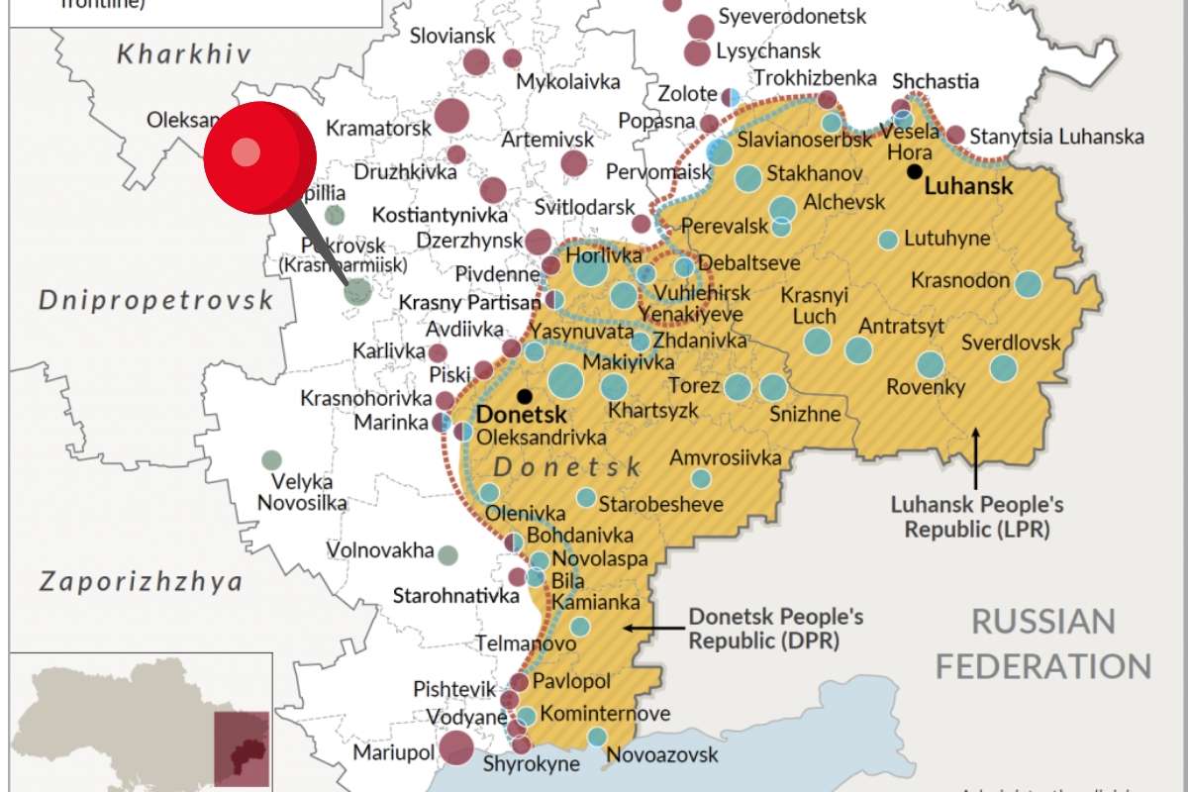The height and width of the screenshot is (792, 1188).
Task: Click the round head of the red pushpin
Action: (x=259, y=157)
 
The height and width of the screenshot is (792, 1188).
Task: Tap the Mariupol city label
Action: (x=393, y=752)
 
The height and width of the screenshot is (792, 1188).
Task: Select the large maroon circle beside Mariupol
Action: (x=456, y=748)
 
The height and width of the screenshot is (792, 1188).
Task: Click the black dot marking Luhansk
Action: (x=913, y=171)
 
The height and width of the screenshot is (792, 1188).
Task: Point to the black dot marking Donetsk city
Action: (x=524, y=395)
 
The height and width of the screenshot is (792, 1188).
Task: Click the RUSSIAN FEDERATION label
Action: (x=1042, y=643)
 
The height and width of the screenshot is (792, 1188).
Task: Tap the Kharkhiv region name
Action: (x=184, y=53)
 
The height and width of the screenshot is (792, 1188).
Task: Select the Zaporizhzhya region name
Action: (x=141, y=581)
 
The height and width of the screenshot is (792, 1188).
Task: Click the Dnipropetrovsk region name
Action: (x=155, y=300)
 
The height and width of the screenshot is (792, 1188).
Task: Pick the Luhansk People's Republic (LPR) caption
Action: (x=976, y=517)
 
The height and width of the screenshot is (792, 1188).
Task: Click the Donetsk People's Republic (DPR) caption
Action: (x=775, y=629)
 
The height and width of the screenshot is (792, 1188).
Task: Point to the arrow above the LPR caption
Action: (x=976, y=457)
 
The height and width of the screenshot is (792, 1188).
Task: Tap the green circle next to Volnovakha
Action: (x=448, y=554)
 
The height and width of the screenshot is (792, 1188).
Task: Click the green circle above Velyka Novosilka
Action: (x=271, y=459)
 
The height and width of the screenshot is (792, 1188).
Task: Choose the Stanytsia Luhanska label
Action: (x=1056, y=137)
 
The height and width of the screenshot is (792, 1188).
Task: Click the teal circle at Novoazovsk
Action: (x=597, y=737)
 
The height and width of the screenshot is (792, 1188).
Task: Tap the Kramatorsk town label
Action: (x=378, y=128)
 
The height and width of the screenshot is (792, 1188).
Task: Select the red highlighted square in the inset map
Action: (x=242, y=748)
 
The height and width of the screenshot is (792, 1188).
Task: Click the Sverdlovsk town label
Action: (x=1010, y=343)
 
